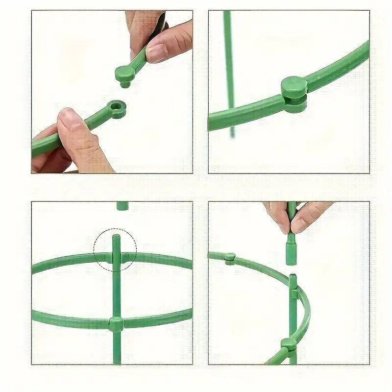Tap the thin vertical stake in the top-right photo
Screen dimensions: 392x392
click(x=228, y=59)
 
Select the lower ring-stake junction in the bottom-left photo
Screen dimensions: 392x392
click(x=116, y=323)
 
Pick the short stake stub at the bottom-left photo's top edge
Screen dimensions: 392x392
click(x=122, y=206)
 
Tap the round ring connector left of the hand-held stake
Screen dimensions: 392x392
click(x=230, y=259)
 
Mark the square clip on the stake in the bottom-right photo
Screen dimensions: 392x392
click(x=294, y=294)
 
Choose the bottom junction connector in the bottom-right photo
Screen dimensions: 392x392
click(x=289, y=344)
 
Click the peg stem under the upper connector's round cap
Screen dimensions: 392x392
click(x=125, y=84)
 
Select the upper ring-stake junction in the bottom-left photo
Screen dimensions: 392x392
click(x=116, y=257)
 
